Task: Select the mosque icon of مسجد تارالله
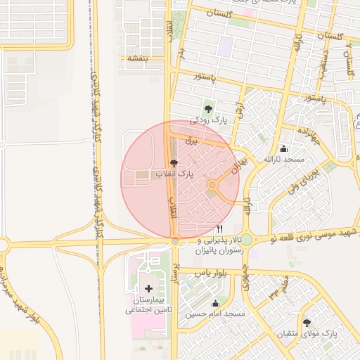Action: (283, 148)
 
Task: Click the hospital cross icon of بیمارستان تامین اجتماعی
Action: (148, 288)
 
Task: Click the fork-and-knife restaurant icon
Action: (220, 229)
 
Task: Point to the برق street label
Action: (188, 141)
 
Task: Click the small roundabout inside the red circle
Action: (212, 185)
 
